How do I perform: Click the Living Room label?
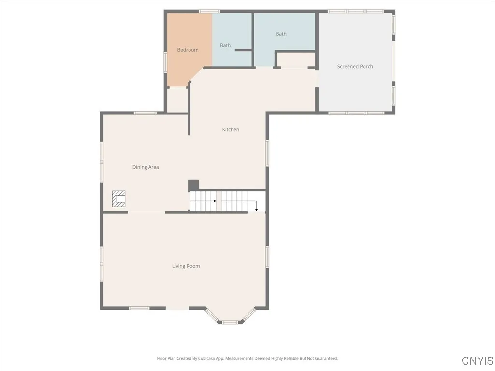pyautogui.click(x=186, y=266)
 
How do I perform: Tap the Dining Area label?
pyautogui.click(x=146, y=167)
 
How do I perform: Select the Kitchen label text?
pyautogui.click(x=231, y=129)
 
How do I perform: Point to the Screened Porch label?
pyautogui.click(x=355, y=67)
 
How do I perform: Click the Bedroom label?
pyautogui.click(x=188, y=50)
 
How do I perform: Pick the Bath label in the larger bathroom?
pyautogui.click(x=281, y=34)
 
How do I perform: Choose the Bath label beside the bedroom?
pyautogui.click(x=225, y=46)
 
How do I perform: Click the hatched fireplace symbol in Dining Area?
pyautogui.click(x=119, y=199)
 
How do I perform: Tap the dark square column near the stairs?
pyautogui.click(x=193, y=185)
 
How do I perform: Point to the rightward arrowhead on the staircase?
pyautogui.click(x=214, y=201)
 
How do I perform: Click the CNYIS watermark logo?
pyautogui.click(x=477, y=361)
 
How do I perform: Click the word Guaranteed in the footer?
pyautogui.click(x=326, y=359)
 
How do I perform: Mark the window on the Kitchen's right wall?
pyautogui.click(x=267, y=153)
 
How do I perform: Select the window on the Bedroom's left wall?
pyautogui.click(x=165, y=63)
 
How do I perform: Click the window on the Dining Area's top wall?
pyautogui.click(x=145, y=113)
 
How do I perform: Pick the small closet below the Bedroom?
pyautogui.click(x=177, y=100)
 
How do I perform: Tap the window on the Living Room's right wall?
pyautogui.click(x=267, y=257)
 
